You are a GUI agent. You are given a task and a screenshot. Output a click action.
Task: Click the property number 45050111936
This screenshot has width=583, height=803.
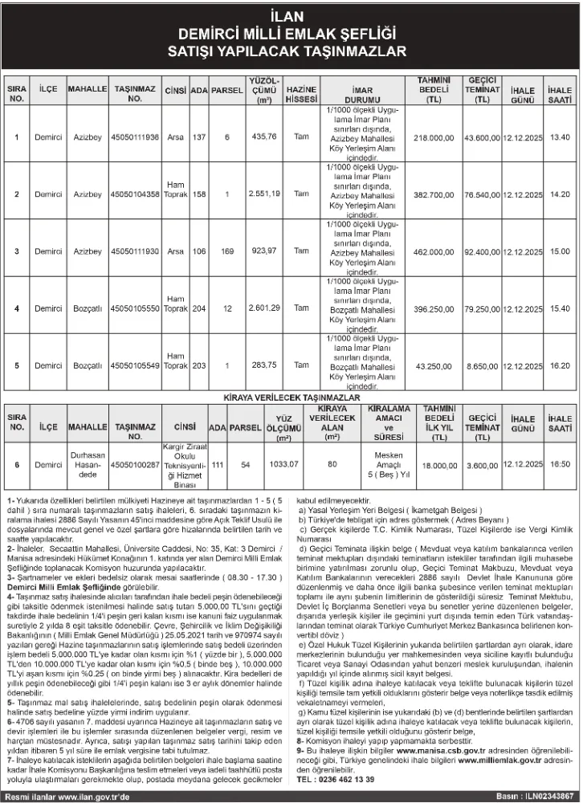point(135,137)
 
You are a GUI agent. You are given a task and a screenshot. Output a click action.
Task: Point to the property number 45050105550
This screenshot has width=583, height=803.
point(135,308)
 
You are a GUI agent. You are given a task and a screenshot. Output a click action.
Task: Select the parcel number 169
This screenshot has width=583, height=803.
point(227,251)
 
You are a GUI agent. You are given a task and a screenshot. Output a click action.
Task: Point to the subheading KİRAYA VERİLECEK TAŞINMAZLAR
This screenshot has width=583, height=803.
point(291,397)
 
